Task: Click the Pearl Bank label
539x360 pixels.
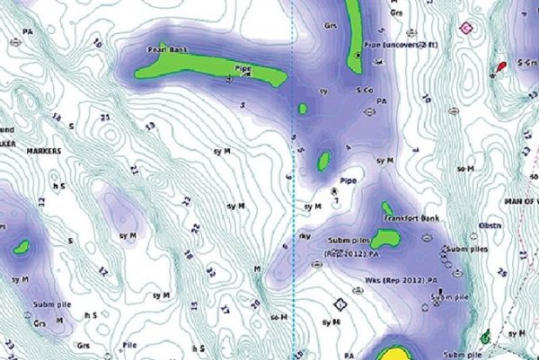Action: point(168,52)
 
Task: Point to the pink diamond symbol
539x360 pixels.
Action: point(465,29)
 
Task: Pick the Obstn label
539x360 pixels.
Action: point(490,225)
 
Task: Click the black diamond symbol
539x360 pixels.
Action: point(340,304)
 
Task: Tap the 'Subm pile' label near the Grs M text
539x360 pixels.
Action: point(53,305)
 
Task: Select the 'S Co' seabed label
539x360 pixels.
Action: point(365,92)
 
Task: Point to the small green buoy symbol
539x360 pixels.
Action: point(485,338)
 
